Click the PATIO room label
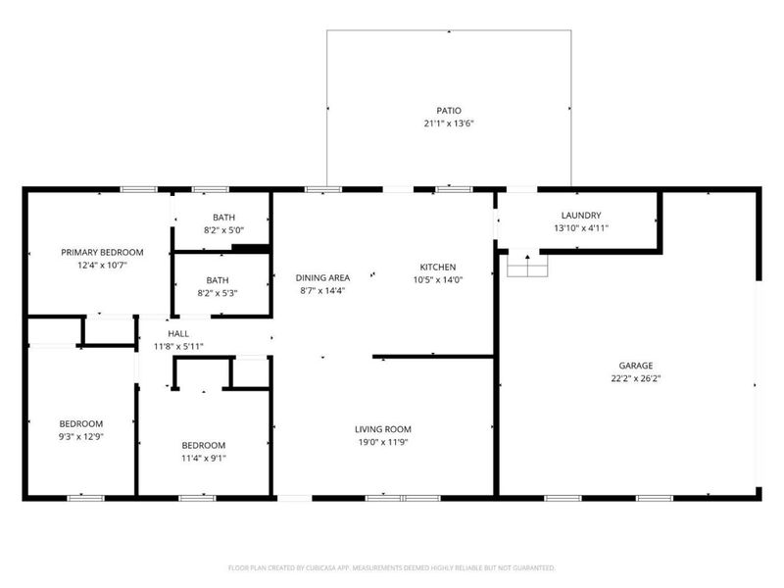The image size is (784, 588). [449, 111]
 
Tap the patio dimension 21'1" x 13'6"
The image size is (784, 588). [449, 124]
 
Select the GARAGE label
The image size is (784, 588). [634, 365]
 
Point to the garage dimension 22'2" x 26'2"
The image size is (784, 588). [634, 378]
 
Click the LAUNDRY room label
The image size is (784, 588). [580, 216]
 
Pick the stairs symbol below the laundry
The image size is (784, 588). [527, 265]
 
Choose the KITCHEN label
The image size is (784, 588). [438, 267]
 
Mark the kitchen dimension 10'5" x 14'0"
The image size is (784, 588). [438, 279]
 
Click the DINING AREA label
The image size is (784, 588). [323, 277]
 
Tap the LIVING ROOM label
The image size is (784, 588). [382, 429]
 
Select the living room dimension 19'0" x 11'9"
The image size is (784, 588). [382, 442]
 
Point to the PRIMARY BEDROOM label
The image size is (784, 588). [102, 252]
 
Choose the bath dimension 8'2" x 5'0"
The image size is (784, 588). [223, 230]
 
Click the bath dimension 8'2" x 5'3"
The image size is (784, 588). [217, 292]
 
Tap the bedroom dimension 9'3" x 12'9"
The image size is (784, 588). [79, 437]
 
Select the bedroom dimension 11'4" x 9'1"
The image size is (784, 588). [203, 457]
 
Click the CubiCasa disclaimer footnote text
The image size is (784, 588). [392, 567]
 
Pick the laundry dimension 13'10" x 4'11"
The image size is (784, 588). [580, 228]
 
